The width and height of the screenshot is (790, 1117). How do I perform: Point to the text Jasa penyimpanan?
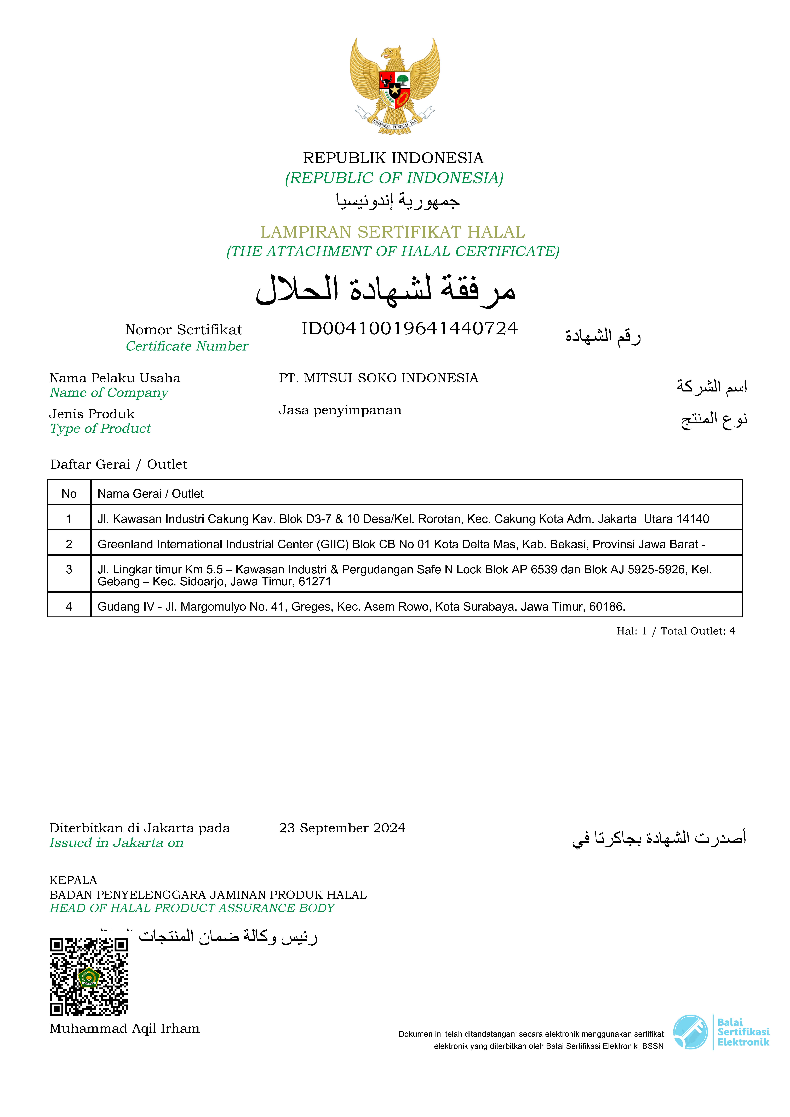pyautogui.click(x=340, y=410)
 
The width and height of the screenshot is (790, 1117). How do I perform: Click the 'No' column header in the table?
pyautogui.click(x=69, y=494)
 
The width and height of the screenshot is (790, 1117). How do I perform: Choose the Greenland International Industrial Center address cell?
pyautogui.click(x=401, y=544)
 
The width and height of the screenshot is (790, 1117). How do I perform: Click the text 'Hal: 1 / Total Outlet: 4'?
pyautogui.click(x=676, y=631)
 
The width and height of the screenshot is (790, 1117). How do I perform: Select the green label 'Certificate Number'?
pyautogui.click(x=187, y=346)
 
